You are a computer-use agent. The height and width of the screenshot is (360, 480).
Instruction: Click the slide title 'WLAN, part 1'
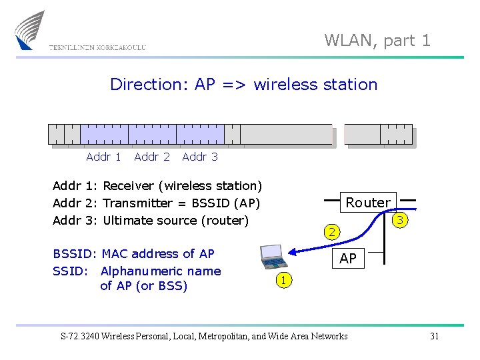point(377,41)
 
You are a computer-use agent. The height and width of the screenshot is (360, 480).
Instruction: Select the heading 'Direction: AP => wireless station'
point(243,85)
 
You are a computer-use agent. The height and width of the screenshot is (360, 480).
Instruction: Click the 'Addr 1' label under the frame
point(103,157)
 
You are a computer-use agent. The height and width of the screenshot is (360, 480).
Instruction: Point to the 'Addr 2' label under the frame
point(152,157)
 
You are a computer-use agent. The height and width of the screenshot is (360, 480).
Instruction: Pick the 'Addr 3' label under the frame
point(200,157)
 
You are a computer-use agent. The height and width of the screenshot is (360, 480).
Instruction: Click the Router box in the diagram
point(368,203)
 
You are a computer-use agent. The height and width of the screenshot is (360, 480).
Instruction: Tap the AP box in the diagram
point(348,259)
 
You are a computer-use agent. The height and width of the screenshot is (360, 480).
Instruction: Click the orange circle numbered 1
point(284,281)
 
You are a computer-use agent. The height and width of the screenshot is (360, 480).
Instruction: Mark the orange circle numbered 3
point(400,220)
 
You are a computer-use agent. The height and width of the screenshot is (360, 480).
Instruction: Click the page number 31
point(434,336)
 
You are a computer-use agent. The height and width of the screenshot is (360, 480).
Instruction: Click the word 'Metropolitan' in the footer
point(223,336)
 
